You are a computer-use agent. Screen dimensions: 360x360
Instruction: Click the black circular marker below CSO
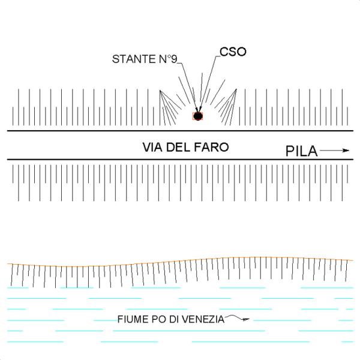pyautogui.click(x=196, y=115)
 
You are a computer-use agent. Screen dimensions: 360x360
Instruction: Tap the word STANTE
pyautogui.click(x=133, y=59)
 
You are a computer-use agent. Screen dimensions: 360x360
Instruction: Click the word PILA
pyautogui.click(x=301, y=151)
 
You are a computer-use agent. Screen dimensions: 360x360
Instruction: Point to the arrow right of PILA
pyautogui.click(x=334, y=151)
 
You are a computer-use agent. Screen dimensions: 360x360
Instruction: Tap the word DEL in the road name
pyautogui.click(x=179, y=146)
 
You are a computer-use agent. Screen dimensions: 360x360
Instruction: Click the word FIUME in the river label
pyautogui.click(x=131, y=319)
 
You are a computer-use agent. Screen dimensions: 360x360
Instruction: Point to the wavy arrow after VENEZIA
pyautogui.click(x=238, y=319)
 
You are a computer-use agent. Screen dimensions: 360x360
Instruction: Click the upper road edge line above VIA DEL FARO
pyautogui.click(x=90, y=131)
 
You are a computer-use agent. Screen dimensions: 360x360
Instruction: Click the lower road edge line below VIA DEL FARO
pyautogui.click(x=90, y=160)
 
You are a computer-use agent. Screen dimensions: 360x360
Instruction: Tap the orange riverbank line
pyautogui.click(x=180, y=262)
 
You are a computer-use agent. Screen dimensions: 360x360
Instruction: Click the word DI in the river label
pyautogui.click(x=173, y=319)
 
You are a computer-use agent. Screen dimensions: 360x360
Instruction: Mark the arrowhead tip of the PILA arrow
pyautogui.click(x=348, y=151)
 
